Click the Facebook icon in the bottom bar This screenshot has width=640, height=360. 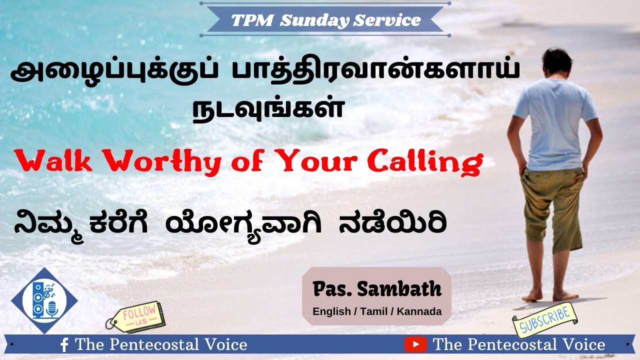[64, 345]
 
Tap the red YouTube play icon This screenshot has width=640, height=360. [416, 344]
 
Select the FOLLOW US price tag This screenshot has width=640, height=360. [135, 317]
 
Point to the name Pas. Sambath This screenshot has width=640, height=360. [377, 288]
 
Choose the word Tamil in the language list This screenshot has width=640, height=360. [374, 311]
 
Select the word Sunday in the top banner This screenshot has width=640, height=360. [315, 20]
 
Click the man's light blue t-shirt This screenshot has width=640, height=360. [555, 125]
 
